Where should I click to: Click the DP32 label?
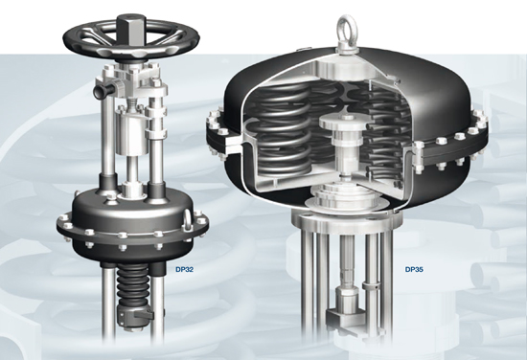(185, 269)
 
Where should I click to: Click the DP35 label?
(414, 269)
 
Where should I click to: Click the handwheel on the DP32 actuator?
(132, 39)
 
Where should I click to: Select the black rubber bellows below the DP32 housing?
(133, 282)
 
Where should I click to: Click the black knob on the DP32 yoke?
(103, 92)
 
